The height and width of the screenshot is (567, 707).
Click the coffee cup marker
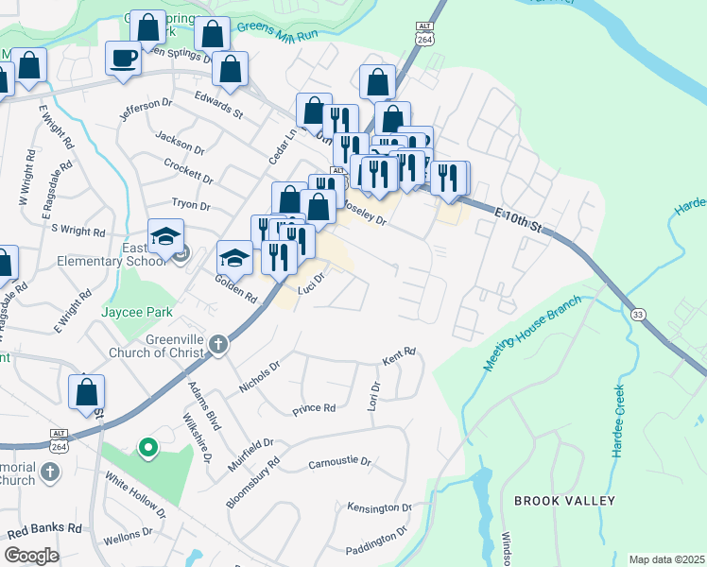coord(123,60)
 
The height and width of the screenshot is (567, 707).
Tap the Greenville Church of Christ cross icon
coord(218,344)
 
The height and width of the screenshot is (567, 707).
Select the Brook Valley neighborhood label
coord(564,500)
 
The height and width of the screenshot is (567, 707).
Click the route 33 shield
coord(638,314)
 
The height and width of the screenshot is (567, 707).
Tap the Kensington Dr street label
coord(380,507)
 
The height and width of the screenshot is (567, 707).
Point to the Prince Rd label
coord(314,409)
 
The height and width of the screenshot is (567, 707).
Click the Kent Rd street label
coord(399,356)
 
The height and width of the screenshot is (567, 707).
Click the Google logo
coord(31,556)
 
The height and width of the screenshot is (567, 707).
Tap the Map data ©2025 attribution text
coord(665,559)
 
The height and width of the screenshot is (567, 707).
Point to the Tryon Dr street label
coord(190,204)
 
